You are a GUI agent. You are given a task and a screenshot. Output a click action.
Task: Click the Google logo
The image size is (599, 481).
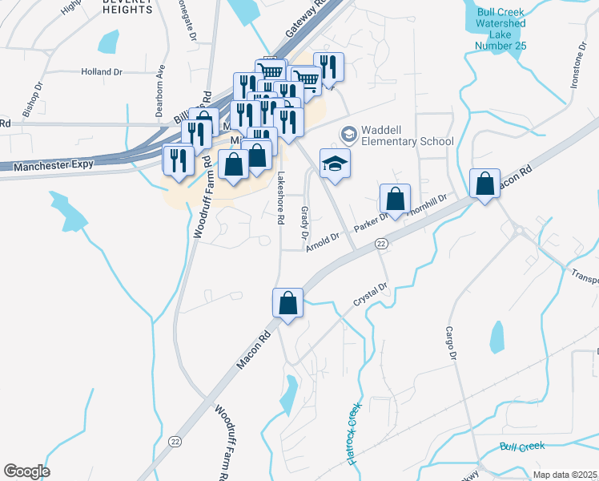[26, 471]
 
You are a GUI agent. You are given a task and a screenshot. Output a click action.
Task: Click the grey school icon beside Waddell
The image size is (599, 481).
[348, 133]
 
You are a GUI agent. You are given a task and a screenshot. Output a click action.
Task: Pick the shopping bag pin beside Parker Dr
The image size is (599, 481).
[395, 198]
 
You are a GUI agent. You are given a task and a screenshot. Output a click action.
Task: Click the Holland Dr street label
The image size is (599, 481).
[101, 71]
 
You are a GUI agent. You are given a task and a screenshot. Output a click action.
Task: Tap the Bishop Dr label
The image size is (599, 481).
[37, 99]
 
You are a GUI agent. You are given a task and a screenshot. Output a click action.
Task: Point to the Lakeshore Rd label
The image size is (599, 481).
[280, 197]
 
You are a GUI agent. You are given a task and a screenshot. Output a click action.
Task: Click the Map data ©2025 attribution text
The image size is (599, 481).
[564, 475]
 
